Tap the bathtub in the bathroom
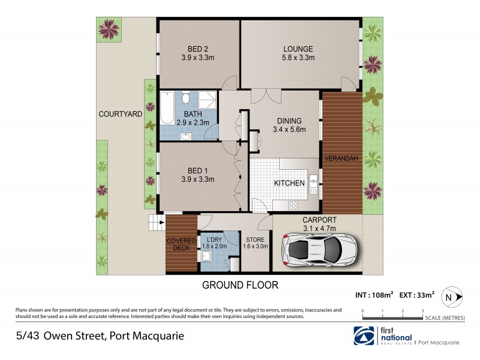click(167, 107)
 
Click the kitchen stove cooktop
click(293, 205)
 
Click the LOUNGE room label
click(299, 49)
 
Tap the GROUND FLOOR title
click(240, 285)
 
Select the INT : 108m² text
click(374, 295)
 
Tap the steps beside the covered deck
click(157, 225)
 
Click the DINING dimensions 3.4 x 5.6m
click(289, 129)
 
